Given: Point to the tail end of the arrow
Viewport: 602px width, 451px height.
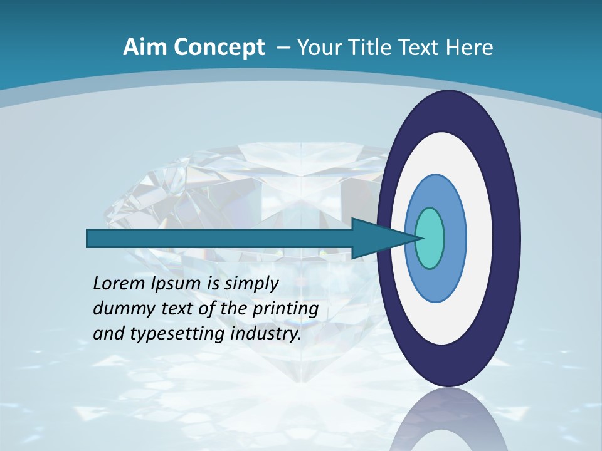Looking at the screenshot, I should (x=91, y=238).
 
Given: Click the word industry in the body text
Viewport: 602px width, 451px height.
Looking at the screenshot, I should (x=263, y=334).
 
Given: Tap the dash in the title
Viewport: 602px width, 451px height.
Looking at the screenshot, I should (x=283, y=48).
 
